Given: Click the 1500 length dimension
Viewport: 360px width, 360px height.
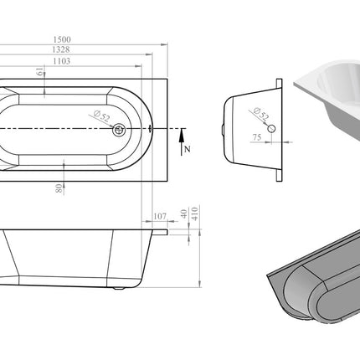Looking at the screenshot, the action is point(62,39).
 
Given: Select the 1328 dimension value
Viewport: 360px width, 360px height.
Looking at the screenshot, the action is point(61,49).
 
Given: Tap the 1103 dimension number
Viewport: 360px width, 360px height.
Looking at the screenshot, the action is point(62,61).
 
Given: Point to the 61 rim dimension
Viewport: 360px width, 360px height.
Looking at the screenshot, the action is point(40,71).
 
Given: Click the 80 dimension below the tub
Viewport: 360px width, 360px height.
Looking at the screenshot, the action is point(59,188).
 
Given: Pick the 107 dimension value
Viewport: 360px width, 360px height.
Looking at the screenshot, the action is point(160,216).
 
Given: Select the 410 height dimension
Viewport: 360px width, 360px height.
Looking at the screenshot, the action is point(195,213).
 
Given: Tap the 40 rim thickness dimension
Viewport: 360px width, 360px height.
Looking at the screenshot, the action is point(183,213).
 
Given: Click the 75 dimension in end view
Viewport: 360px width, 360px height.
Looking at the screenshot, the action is point(257,137).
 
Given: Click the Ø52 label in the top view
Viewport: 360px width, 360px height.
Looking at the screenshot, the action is point(102,116).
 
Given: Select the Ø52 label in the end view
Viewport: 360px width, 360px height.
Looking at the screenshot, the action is point(261,113).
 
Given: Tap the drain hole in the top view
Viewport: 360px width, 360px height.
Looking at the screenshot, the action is point(119,129).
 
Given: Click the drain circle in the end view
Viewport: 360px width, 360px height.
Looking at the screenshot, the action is point(271,129).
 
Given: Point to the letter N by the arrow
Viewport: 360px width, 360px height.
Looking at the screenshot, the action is point(188,149).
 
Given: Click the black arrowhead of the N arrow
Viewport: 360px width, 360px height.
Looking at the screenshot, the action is point(182,135).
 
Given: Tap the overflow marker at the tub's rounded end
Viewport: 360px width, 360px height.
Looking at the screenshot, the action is point(151,128).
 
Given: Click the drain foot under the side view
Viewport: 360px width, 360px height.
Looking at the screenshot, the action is point(119,288).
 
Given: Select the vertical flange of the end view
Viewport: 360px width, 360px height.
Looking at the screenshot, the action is point(279,130).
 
